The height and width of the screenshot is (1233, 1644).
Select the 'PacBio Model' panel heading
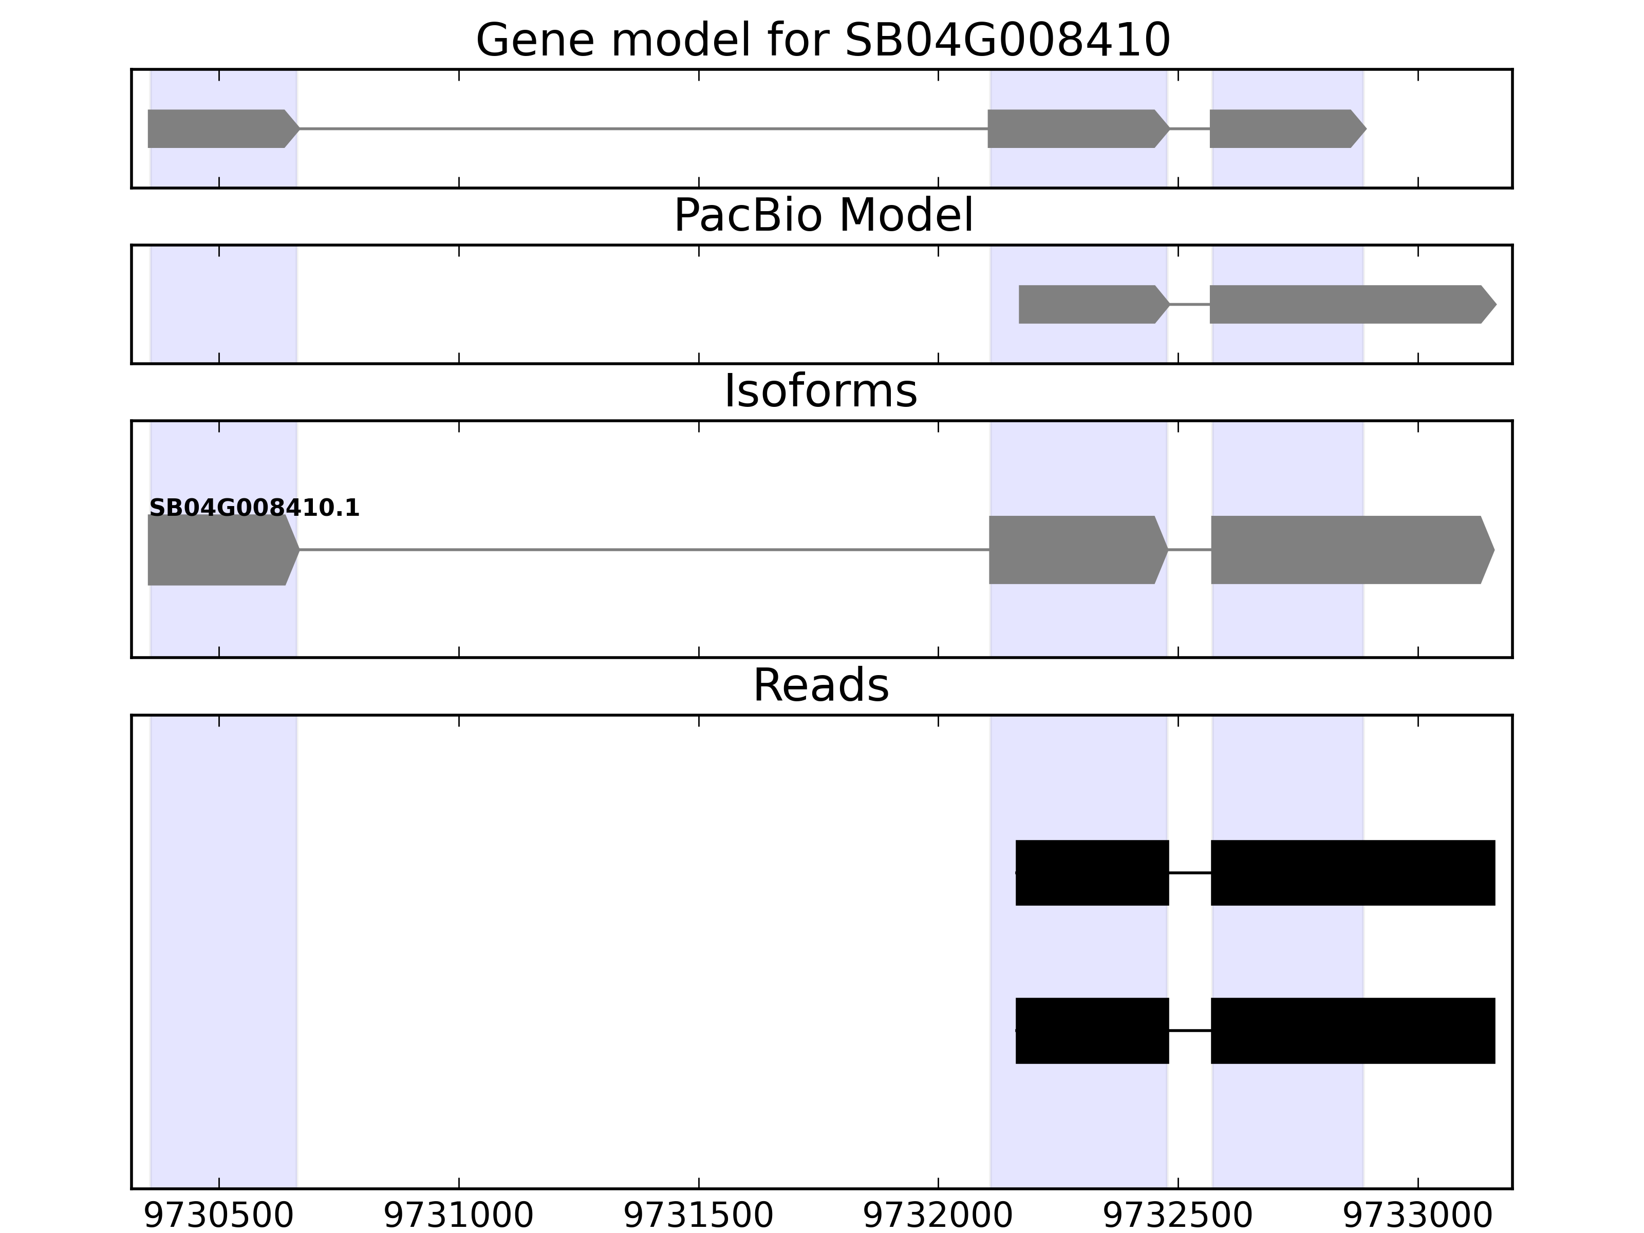click(x=822, y=216)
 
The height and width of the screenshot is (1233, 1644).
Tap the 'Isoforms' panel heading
click(x=820, y=391)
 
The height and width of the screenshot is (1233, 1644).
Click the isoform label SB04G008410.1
click(x=254, y=509)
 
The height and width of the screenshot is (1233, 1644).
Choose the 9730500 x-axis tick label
click(x=219, y=1217)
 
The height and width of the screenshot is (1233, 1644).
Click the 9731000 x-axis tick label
click(x=459, y=1217)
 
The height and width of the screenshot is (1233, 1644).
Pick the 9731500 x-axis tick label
click(x=699, y=1217)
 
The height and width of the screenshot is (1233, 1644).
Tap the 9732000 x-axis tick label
click(x=938, y=1217)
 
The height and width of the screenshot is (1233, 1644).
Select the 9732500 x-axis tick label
click(x=1178, y=1217)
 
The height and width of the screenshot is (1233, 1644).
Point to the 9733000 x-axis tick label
click(x=1418, y=1217)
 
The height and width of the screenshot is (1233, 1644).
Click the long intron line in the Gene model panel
click(x=643, y=128)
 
